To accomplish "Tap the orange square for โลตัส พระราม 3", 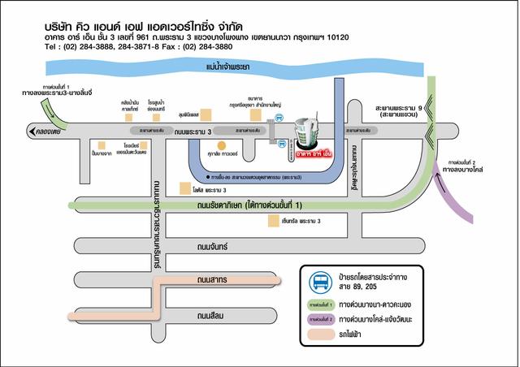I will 185,188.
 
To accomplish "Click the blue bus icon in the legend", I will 318,282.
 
